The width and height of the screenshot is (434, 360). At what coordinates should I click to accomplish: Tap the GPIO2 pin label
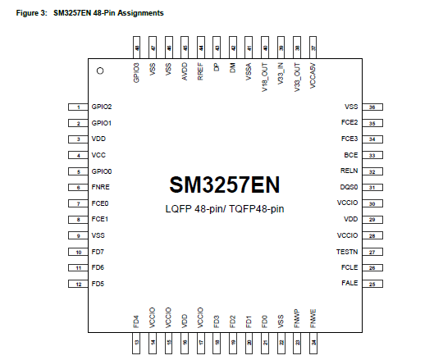(102, 107)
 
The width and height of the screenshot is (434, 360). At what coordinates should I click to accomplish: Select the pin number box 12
(78, 284)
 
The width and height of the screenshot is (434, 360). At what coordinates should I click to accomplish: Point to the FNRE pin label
(100, 188)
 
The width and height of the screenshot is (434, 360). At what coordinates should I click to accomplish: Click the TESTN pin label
(348, 252)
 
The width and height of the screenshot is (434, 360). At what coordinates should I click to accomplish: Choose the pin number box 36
(372, 107)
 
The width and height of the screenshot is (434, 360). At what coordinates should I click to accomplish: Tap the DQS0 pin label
(349, 188)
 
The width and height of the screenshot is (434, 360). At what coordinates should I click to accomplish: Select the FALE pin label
(349, 284)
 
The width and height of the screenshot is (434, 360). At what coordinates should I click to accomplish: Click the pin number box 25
(372, 284)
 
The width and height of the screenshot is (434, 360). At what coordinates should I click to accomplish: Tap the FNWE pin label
(313, 315)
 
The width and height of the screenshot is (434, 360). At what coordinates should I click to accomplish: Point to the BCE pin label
(350, 155)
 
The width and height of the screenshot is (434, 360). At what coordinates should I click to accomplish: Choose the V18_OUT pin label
(264, 79)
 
